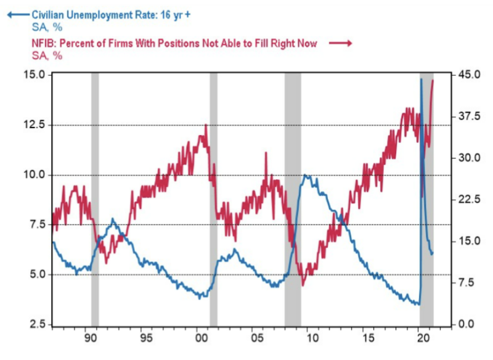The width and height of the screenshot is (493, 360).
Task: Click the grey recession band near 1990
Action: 95,197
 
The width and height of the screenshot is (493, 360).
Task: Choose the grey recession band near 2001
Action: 214,197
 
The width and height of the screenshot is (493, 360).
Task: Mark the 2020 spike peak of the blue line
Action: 422,79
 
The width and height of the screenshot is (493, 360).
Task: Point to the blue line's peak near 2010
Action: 306,176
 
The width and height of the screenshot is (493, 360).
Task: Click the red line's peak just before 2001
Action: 206,125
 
